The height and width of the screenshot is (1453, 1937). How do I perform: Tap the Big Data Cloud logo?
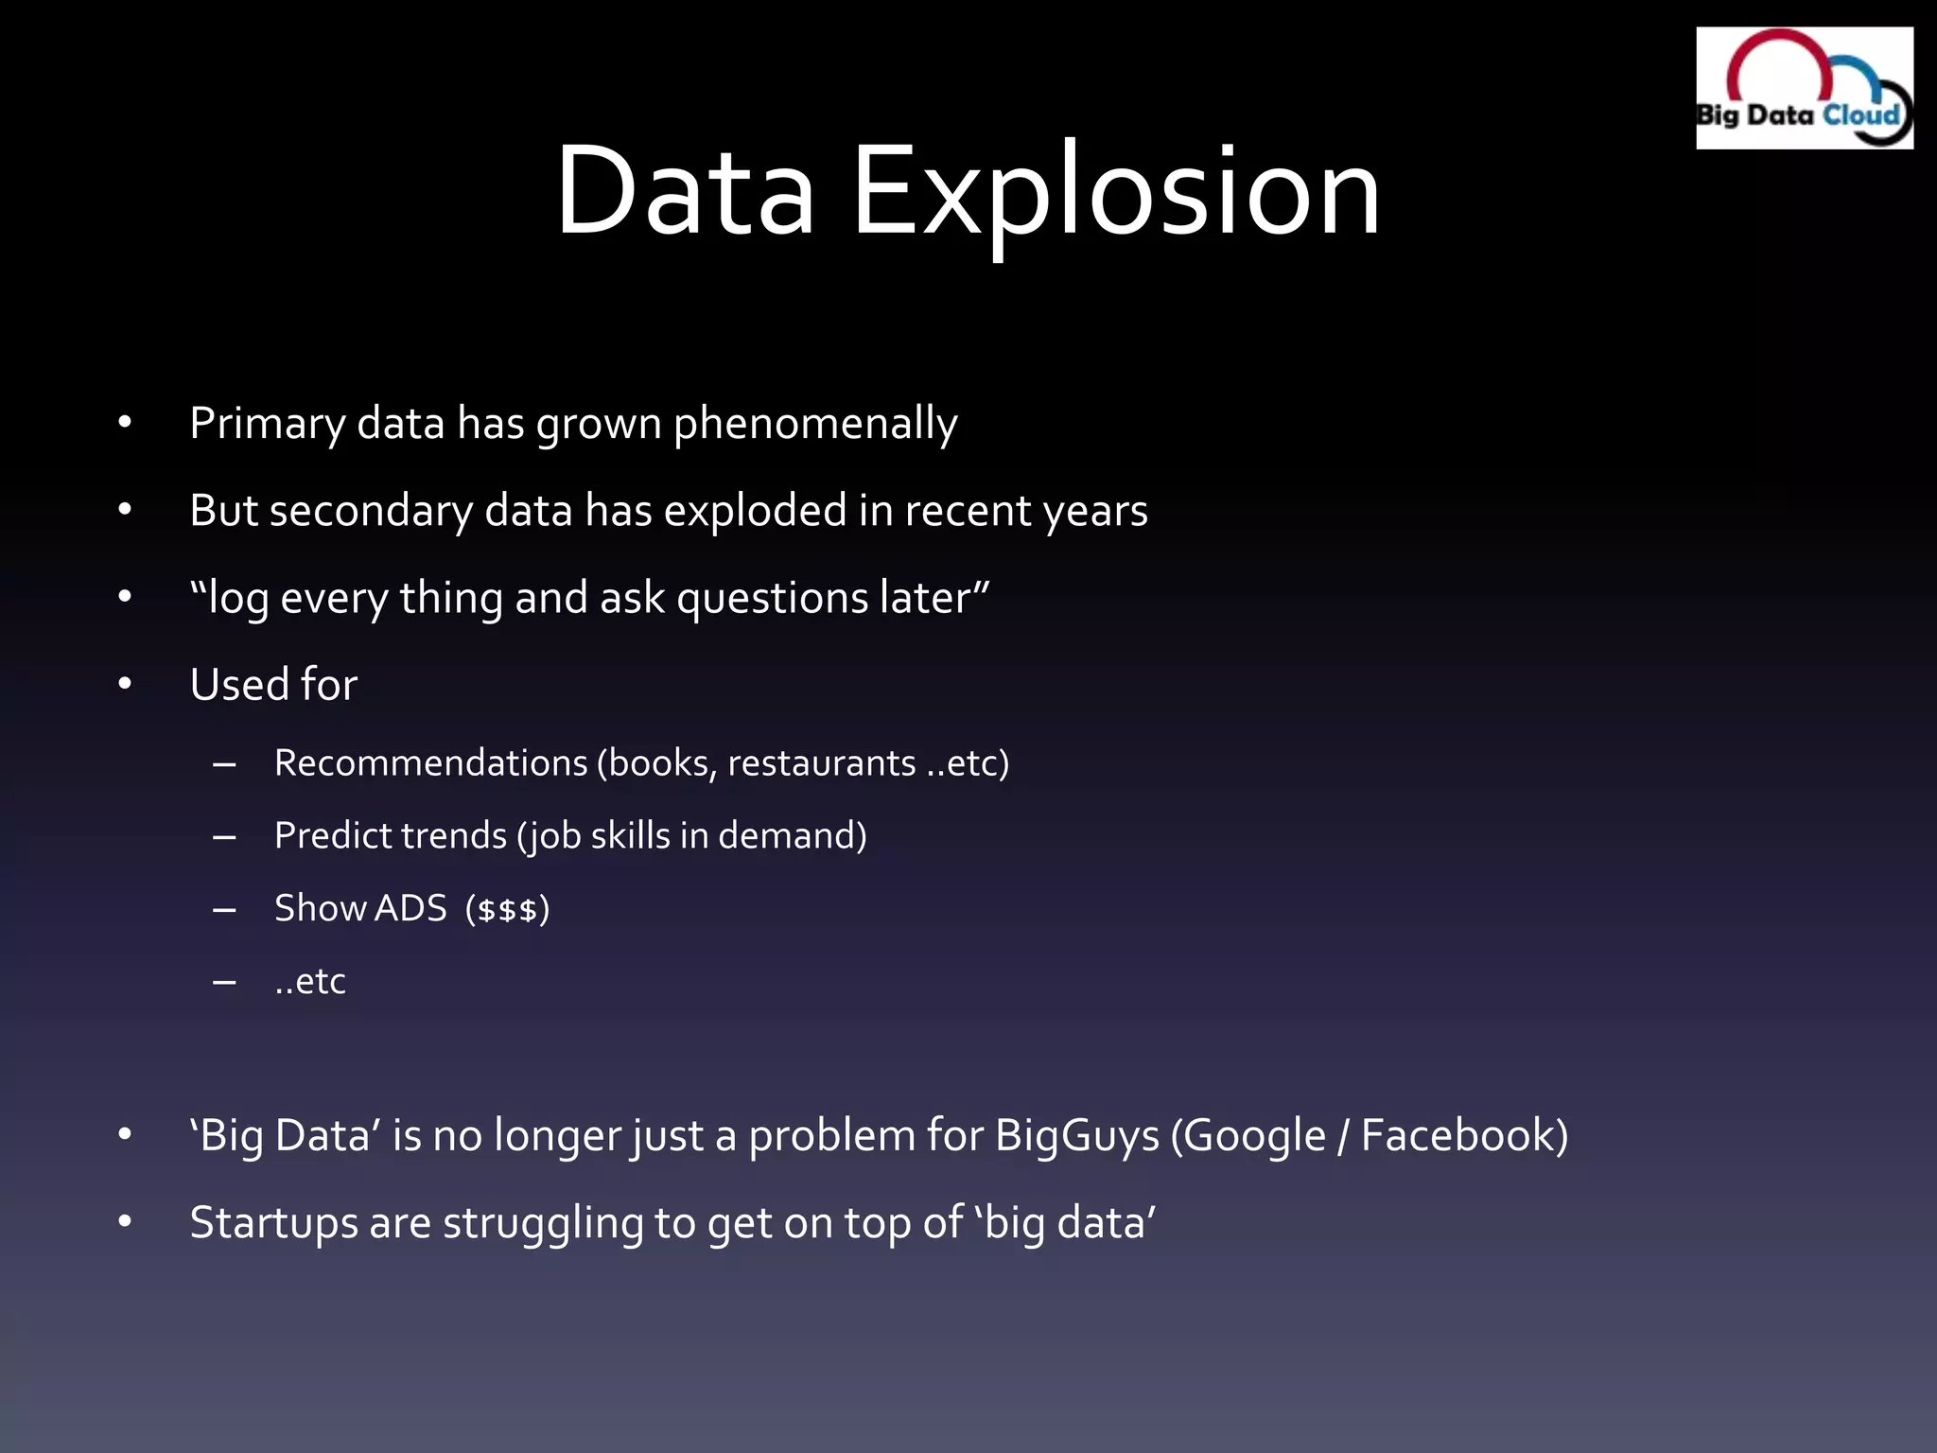point(1804,88)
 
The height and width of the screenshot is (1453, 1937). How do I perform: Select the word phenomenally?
point(815,423)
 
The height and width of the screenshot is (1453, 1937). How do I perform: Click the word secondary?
point(371,511)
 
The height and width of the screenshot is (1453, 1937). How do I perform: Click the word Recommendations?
point(431,762)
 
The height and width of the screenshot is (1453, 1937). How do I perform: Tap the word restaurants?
point(821,762)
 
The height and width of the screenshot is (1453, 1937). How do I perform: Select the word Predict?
point(332,835)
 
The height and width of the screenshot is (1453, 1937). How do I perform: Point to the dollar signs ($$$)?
point(508,909)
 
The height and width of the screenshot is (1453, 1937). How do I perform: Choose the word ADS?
point(410,908)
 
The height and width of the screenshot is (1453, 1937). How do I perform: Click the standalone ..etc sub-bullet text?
point(310,981)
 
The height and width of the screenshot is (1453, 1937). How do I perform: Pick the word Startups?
point(273,1222)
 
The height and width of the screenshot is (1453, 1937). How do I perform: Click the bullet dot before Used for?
point(125,684)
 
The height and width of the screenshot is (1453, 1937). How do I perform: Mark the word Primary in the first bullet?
point(267,423)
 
